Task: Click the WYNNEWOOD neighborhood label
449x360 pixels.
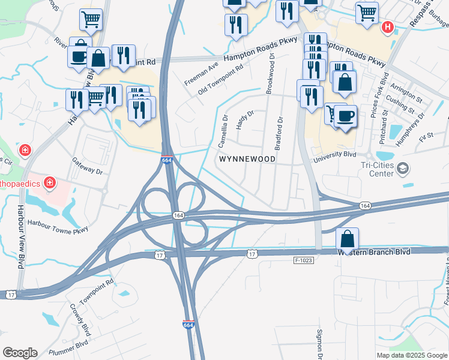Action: click(247, 159)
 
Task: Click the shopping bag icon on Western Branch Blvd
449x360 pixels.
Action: click(348, 238)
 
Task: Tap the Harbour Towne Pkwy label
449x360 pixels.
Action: click(58, 226)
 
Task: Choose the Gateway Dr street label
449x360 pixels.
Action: click(88, 166)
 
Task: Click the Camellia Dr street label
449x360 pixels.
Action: click(223, 131)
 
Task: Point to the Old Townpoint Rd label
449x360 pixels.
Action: click(221, 80)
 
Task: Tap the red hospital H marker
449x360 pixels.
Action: click(388, 27)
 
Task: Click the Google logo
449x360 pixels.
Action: click(20, 353)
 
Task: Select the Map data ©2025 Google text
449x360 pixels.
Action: click(412, 355)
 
